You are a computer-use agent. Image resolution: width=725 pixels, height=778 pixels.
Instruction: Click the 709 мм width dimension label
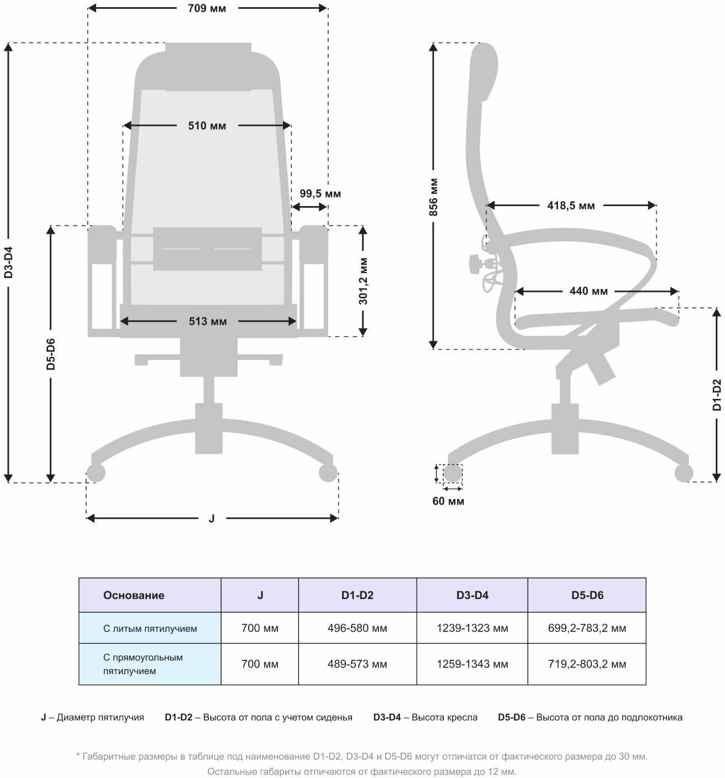point(207,8)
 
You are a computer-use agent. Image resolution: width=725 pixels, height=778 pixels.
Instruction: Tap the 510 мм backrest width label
point(207,126)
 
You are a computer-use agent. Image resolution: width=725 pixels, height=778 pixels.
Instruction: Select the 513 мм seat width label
point(208,322)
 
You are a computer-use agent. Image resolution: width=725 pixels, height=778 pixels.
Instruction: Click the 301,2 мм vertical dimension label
point(363,280)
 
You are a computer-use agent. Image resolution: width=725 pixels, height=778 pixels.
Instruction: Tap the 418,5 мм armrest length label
point(571,206)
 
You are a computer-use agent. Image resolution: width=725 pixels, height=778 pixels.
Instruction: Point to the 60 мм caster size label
point(448,502)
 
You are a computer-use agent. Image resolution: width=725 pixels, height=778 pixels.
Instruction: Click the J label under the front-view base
point(212,518)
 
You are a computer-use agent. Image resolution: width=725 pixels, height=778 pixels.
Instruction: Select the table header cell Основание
point(134,596)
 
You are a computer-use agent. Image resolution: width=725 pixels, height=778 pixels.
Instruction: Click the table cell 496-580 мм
point(357,628)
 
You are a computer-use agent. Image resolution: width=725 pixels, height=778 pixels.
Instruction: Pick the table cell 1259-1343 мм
point(472,664)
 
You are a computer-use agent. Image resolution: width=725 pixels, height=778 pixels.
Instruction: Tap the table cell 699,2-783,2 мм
point(587,628)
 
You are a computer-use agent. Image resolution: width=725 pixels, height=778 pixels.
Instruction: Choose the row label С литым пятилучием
point(150,628)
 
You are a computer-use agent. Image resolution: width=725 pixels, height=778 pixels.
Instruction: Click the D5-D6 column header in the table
point(587,596)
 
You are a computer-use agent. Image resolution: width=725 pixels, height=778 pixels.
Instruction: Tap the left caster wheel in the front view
point(96,473)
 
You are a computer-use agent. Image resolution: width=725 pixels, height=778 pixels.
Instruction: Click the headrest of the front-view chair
point(208,66)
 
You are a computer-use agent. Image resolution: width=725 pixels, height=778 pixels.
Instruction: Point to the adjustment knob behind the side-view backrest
point(475,264)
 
